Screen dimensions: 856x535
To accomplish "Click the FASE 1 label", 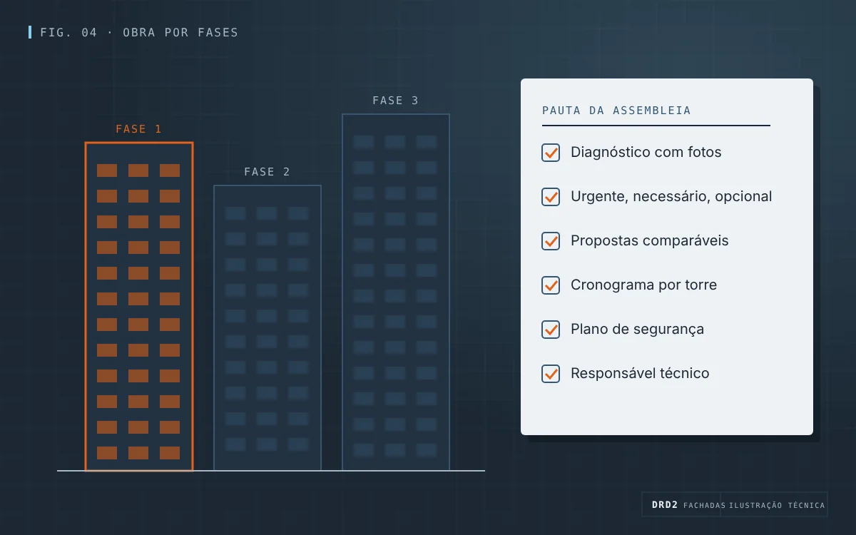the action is pos(138,129).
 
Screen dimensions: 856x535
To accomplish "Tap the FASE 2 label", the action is pos(267,172).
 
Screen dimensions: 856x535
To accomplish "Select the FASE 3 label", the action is pos(395,101).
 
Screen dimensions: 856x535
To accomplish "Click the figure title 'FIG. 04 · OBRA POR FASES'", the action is pos(139,33).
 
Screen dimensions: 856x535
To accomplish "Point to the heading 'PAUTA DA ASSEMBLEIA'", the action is pos(616,111).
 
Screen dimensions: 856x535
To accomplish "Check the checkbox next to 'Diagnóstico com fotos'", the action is pos(551,153).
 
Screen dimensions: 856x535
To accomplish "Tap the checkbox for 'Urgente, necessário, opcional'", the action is pos(551,197).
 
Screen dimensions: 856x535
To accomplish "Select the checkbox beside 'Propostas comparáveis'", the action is pos(551,241).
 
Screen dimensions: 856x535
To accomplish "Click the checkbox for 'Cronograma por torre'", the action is pos(551,285).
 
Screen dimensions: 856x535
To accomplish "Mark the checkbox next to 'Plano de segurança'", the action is pos(551,330).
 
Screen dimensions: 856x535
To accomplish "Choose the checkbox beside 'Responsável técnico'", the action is pos(551,374).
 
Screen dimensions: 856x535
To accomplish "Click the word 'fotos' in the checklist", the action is pos(704,152).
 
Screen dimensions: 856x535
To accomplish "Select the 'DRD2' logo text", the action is pos(665,505).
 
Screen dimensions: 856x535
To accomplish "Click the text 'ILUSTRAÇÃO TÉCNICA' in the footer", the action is pos(777,505).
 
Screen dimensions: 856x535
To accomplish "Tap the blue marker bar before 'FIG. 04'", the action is pos(30,32).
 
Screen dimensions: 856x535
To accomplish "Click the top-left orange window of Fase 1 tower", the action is pos(107,170).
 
